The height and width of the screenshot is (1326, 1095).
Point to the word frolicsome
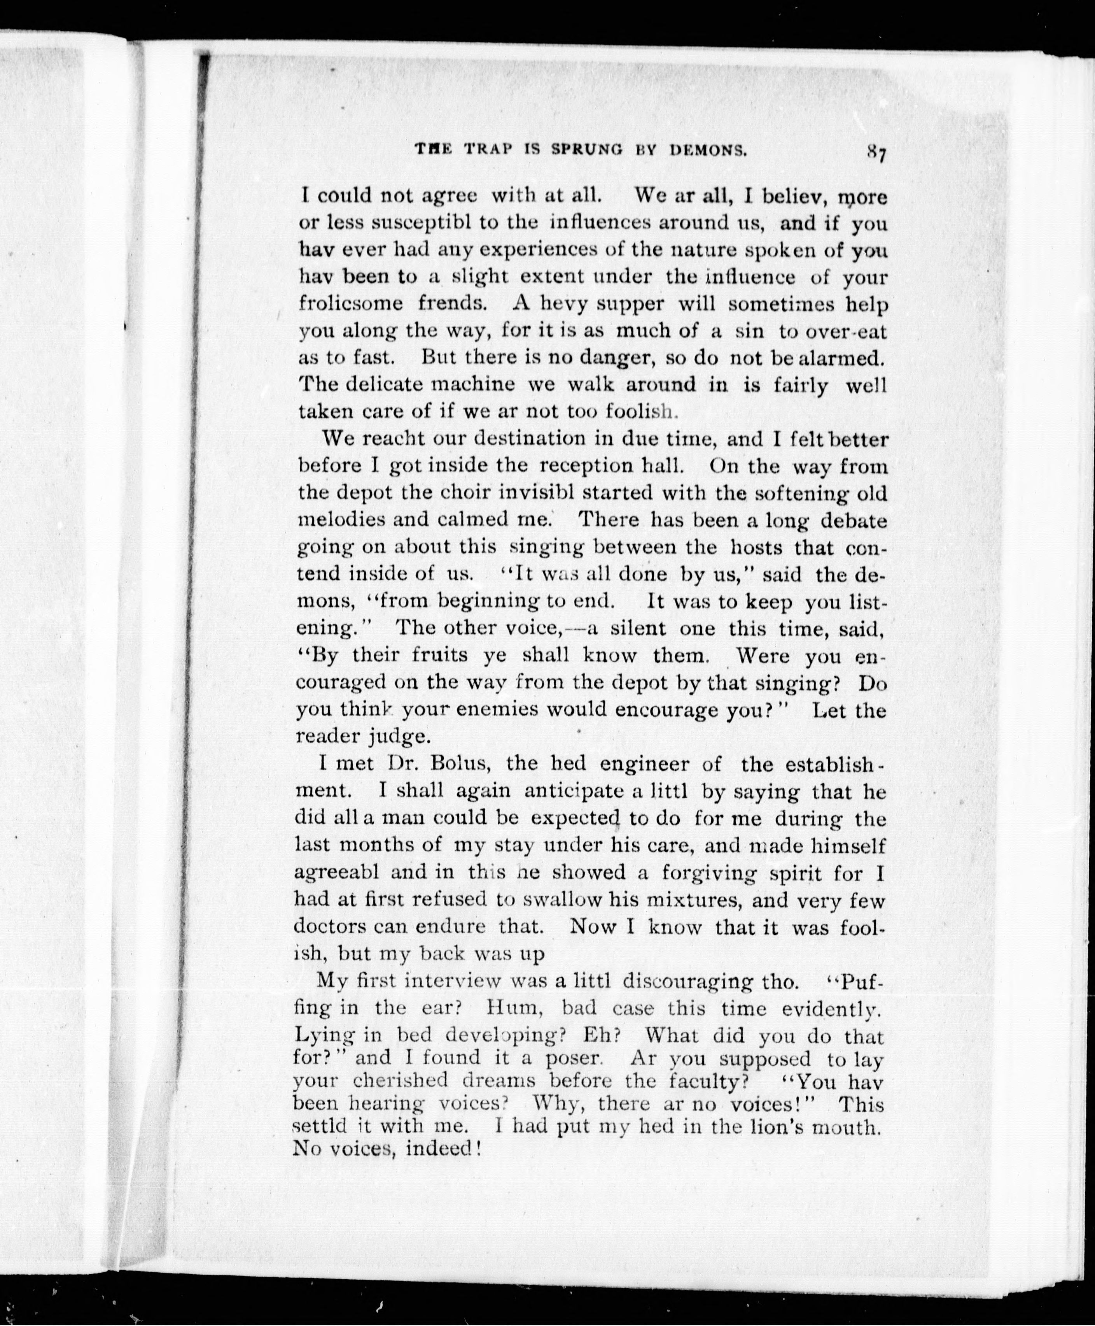(351, 303)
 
